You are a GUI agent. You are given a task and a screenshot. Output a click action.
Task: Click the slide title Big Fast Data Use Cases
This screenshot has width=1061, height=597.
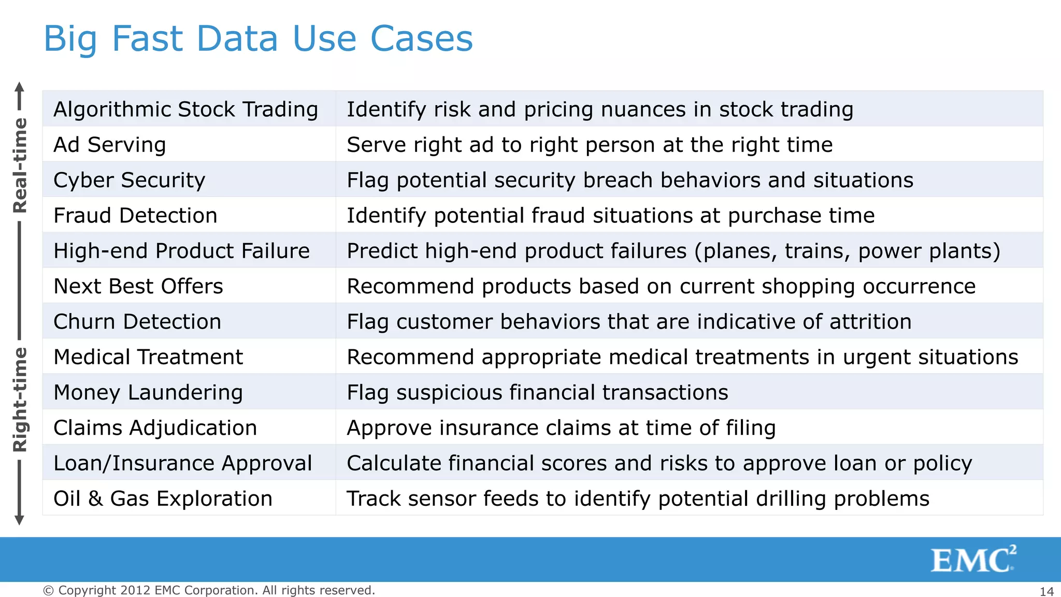click(x=258, y=39)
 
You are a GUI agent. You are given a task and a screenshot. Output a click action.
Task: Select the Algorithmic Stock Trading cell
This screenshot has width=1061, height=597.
click(x=185, y=109)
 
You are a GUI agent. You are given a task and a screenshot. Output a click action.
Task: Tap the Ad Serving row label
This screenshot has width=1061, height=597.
click(x=110, y=145)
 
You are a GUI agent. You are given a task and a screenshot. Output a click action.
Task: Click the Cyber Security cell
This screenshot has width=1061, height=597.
click(x=130, y=180)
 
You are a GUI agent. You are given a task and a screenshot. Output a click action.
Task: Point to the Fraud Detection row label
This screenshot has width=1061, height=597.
click(x=135, y=216)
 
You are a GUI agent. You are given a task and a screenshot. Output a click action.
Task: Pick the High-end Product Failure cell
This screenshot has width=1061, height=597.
click(x=181, y=251)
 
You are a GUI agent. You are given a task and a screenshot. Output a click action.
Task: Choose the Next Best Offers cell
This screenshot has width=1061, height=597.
click(x=138, y=286)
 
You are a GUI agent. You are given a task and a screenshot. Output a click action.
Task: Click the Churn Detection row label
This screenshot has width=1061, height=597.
click(x=137, y=322)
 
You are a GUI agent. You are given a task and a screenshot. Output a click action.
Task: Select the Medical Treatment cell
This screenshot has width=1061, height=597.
click(x=148, y=357)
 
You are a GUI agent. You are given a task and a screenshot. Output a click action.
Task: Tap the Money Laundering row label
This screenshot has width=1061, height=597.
click(x=148, y=392)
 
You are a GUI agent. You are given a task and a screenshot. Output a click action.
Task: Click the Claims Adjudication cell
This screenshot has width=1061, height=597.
click(x=155, y=428)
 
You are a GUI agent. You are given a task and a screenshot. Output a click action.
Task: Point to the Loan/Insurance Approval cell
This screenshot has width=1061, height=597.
click(x=183, y=463)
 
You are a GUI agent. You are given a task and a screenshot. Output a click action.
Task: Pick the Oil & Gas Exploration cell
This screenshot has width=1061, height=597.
click(x=163, y=499)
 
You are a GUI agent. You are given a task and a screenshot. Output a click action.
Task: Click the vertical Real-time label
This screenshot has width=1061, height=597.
click(x=20, y=165)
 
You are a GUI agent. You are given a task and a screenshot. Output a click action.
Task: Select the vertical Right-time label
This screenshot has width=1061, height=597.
click(x=20, y=400)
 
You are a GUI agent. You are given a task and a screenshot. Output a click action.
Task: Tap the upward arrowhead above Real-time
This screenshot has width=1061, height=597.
click(x=19, y=87)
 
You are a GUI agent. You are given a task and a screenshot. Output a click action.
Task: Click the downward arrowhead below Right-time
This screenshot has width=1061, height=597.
click(x=19, y=520)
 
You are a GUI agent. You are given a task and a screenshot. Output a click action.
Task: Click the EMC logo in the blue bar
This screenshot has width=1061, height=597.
click(x=973, y=560)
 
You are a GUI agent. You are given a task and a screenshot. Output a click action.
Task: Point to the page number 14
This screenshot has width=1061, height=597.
click(x=1046, y=591)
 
